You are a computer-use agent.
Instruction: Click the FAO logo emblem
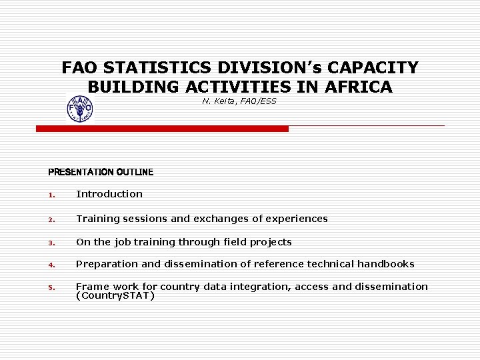pyautogui.click(x=80, y=109)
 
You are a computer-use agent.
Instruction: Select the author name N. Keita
pyautogui.click(x=216, y=101)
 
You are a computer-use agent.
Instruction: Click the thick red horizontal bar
pyautogui.click(x=162, y=129)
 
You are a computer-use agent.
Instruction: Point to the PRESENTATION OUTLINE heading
pyautogui.click(x=101, y=172)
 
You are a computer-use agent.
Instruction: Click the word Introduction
pyautogui.click(x=109, y=194)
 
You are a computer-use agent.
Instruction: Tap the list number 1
pyautogui.click(x=51, y=195)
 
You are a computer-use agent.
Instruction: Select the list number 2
pyautogui.click(x=51, y=219)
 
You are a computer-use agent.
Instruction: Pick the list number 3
pyautogui.click(x=51, y=243)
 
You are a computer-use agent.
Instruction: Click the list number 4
pyautogui.click(x=51, y=265)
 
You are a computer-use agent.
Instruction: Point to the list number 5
pyautogui.click(x=51, y=288)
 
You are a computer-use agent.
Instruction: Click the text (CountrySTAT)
pyautogui.click(x=115, y=295)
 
